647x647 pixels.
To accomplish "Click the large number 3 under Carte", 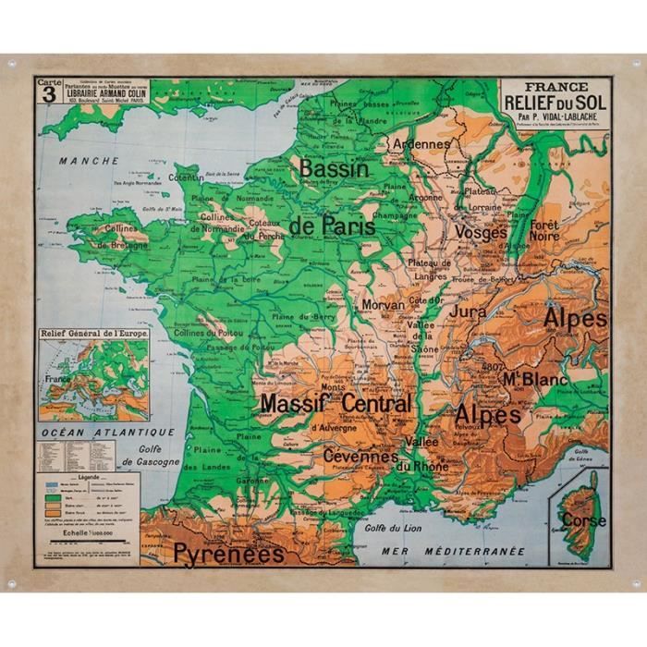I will pyautogui.click(x=47, y=97).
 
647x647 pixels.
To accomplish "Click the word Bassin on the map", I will pyautogui.click(x=334, y=169).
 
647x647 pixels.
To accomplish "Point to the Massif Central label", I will pyautogui.click(x=336, y=404).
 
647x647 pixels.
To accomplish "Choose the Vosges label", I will pyautogui.click(x=481, y=233).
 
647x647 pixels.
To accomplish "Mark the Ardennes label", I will pyautogui.click(x=421, y=144).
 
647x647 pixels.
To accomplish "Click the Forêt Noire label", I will pyautogui.click(x=544, y=230).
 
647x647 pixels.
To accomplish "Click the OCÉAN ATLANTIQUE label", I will pyautogui.click(x=105, y=432).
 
